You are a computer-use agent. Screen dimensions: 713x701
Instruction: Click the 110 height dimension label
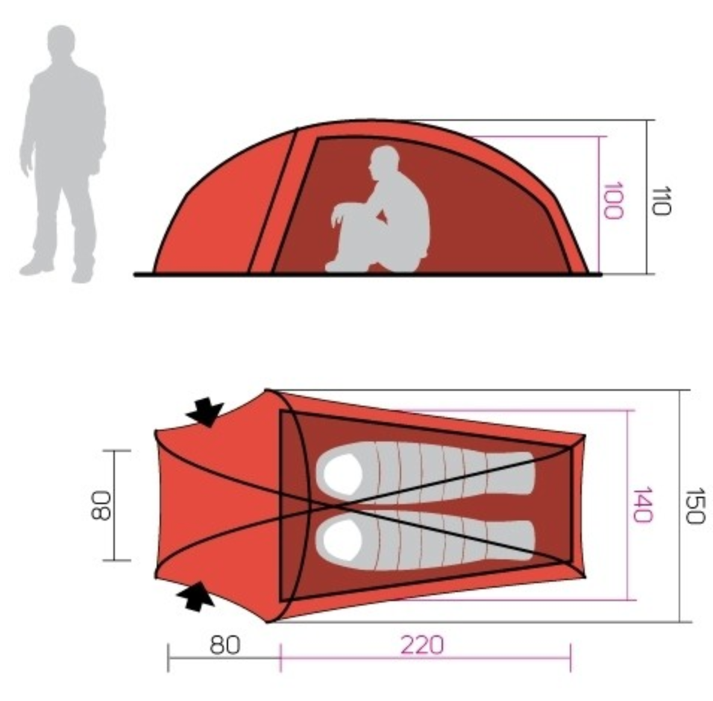[661, 200]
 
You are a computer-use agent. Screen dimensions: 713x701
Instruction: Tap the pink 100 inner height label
[612, 201]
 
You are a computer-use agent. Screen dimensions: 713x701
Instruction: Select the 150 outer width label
[694, 506]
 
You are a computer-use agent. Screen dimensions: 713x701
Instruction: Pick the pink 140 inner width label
[642, 505]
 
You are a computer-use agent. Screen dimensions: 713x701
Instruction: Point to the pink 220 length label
[421, 645]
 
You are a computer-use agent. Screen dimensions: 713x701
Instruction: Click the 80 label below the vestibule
[224, 645]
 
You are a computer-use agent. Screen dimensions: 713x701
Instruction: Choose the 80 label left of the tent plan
[101, 505]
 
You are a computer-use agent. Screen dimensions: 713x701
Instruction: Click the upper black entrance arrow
[205, 412]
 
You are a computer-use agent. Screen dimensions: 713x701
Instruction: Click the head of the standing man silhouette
[61, 42]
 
